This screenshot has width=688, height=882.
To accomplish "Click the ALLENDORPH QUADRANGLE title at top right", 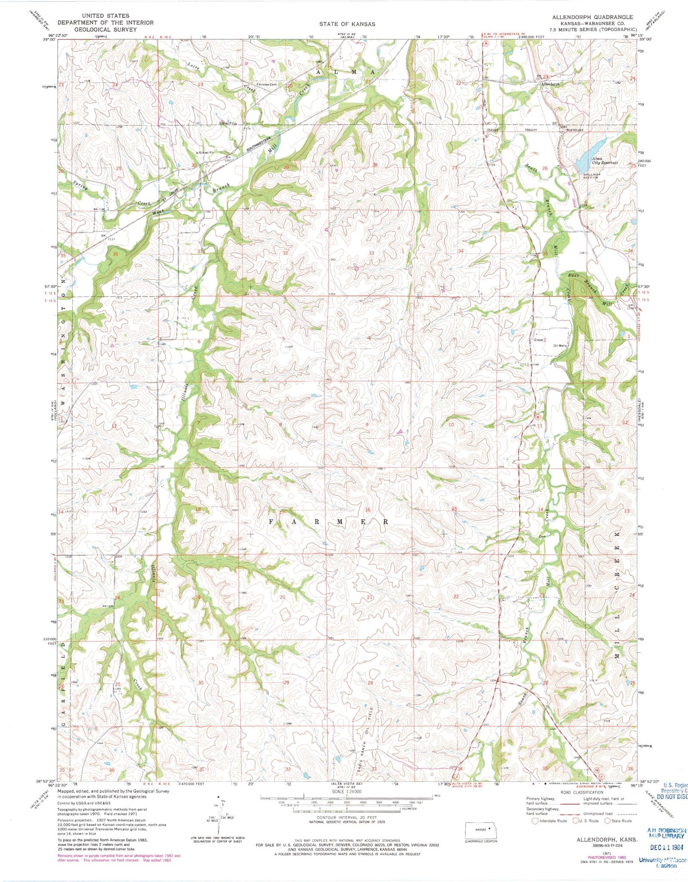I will [x=592, y=17].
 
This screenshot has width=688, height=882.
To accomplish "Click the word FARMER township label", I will [x=329, y=521].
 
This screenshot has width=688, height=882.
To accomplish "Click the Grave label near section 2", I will [x=538, y=340].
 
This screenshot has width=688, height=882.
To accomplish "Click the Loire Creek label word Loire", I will [x=193, y=65].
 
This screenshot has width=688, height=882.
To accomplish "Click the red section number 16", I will [x=368, y=510].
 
